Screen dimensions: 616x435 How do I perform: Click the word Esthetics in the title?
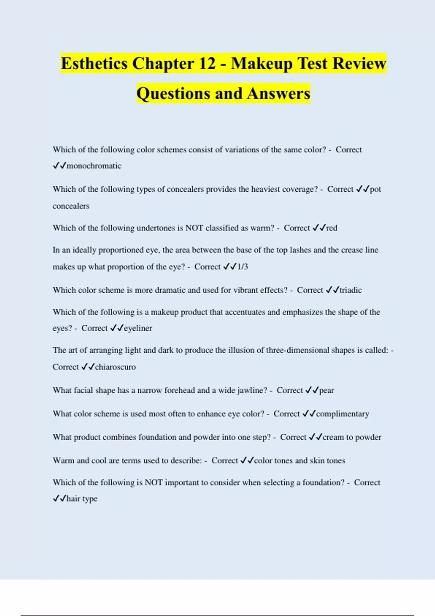(94, 64)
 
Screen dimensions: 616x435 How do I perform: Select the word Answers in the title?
(279, 93)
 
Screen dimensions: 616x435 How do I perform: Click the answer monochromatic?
(94, 166)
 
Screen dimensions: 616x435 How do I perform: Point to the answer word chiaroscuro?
(115, 367)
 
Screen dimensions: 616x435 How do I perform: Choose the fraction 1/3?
(243, 267)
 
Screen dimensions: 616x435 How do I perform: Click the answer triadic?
(351, 290)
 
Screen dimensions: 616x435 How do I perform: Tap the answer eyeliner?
(138, 328)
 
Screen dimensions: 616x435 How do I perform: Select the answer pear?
(327, 391)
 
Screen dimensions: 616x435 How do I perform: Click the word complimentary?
(343, 414)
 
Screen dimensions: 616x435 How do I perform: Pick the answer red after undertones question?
(332, 228)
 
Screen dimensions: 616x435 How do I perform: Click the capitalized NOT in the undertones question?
(194, 228)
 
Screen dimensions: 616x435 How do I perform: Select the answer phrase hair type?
(82, 499)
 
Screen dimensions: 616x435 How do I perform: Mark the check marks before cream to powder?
(316, 437)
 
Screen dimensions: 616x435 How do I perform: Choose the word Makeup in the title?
(262, 64)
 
